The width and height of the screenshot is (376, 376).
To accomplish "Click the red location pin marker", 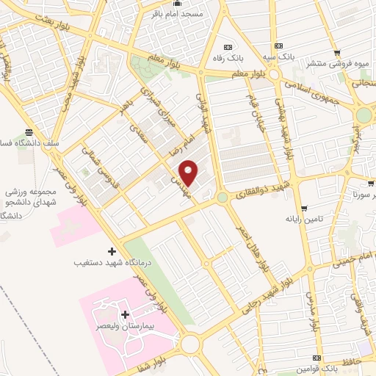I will coord(189,173).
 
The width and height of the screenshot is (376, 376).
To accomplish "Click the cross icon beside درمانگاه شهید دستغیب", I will coord(112,251).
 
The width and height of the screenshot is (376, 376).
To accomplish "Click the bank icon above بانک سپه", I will coord(278,43).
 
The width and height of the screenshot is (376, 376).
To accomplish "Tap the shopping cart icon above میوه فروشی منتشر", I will coord(337,53).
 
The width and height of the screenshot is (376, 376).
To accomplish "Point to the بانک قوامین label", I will coord(318,367).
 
